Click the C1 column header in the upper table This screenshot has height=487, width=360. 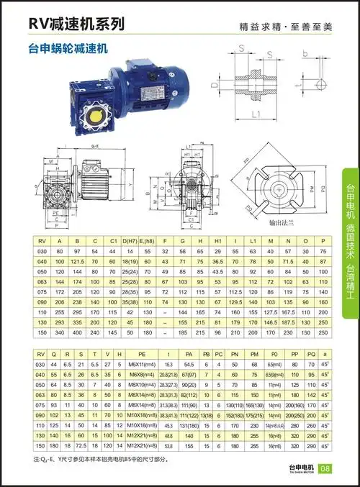[x=113, y=242]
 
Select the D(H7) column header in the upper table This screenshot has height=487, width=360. [x=130, y=242]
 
